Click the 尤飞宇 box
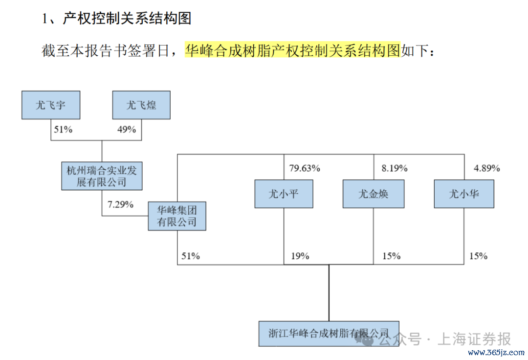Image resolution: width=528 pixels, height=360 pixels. pos(51,105)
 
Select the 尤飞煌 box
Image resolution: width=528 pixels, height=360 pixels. pos(141,105)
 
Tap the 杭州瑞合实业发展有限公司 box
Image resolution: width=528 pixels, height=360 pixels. pos(102,176)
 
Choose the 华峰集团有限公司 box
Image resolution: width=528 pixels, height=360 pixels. pos(177,216)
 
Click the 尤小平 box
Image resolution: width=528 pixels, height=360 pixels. pos(284,194)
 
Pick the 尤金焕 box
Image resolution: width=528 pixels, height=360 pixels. pos(374,194)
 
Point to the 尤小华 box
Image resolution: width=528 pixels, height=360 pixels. pos(464,194)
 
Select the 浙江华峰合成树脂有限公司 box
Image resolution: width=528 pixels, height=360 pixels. pos(329,334)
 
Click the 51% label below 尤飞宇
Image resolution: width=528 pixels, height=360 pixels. pos(63,130)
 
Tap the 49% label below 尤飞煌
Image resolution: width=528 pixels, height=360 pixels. pos(127,130)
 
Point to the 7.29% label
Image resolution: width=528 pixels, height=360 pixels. pos(121,204)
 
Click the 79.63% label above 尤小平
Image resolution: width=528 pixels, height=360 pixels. pos(305,168)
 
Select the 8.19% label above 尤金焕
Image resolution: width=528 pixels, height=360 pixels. pos(395,168)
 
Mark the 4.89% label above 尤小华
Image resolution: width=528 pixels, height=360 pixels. pos(487,168)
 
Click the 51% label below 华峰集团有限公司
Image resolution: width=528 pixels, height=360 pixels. pos(191,256)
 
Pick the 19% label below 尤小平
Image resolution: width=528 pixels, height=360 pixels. pos(300,256)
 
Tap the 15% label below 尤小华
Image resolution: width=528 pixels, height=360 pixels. pos(479,256)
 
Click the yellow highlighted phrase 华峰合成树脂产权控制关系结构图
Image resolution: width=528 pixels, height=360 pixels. pos(293,50)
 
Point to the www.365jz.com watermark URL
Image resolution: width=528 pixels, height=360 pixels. pos(496,353)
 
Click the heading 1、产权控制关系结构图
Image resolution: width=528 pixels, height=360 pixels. pos(116,18)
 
